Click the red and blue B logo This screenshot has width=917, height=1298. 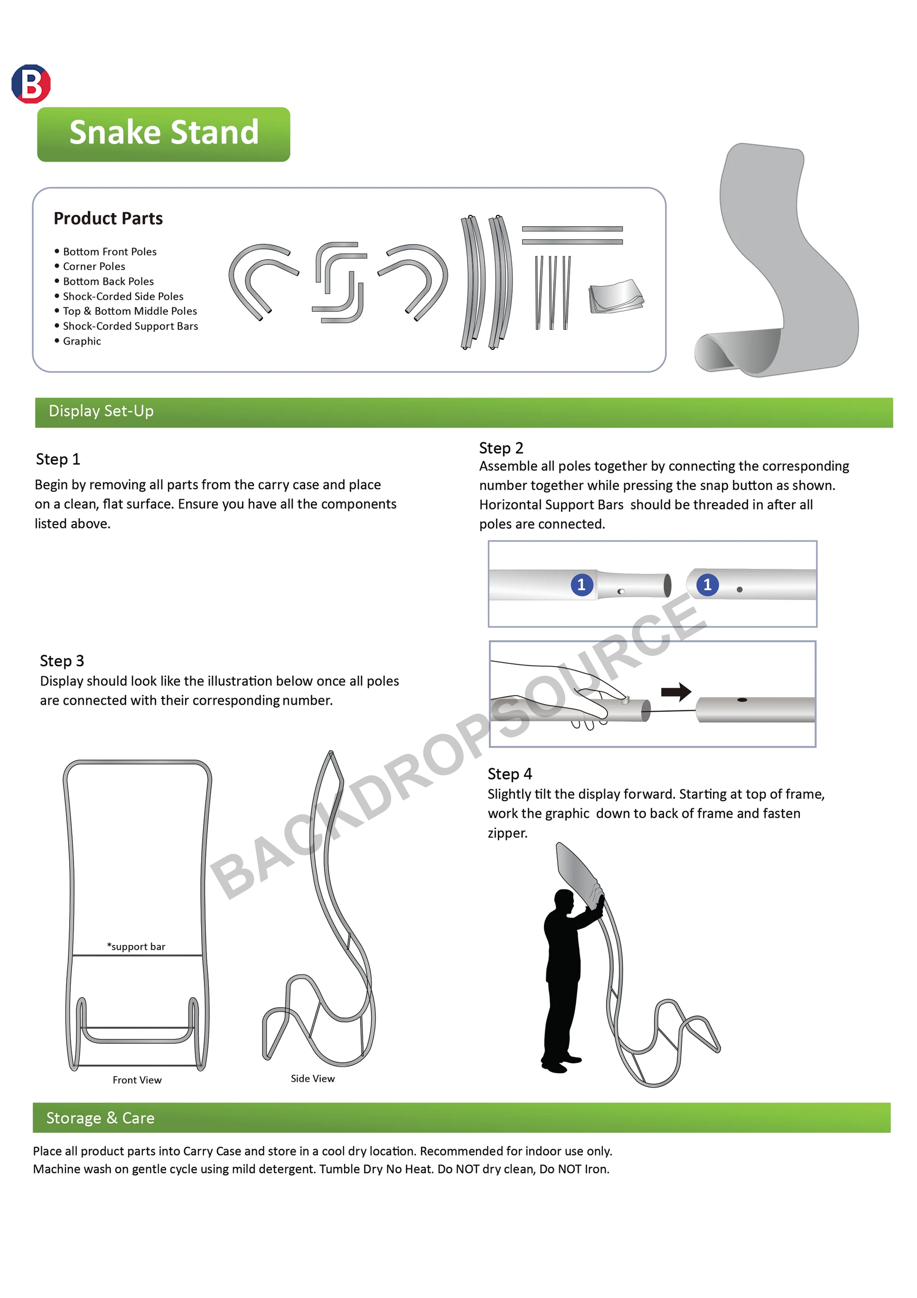click(31, 84)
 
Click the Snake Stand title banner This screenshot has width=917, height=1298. click(163, 134)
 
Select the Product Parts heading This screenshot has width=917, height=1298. click(108, 218)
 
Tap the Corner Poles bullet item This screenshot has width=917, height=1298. click(94, 266)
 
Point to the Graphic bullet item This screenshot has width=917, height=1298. click(82, 341)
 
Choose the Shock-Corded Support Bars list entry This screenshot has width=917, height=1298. click(130, 326)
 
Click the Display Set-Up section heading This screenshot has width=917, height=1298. click(101, 411)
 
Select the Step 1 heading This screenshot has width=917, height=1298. click(58, 459)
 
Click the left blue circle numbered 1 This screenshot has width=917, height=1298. click(581, 585)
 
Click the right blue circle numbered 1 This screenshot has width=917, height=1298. click(707, 585)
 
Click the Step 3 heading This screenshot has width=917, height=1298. click(62, 660)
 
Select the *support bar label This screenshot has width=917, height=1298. click(136, 946)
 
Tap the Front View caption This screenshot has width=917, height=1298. click(137, 1080)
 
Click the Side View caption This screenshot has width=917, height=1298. click(312, 1079)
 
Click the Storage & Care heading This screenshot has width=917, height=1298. click(100, 1118)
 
